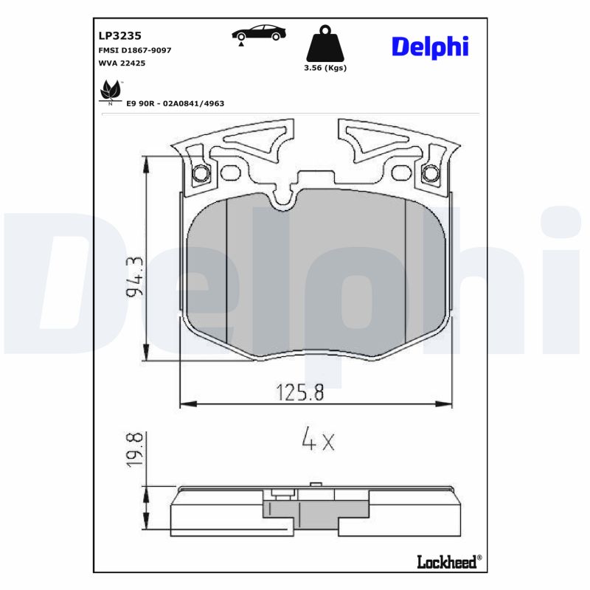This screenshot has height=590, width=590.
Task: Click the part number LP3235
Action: pyautogui.click(x=119, y=35)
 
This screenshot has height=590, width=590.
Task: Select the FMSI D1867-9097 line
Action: pyautogui.click(x=134, y=49)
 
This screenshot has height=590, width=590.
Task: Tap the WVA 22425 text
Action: pyautogui.click(x=121, y=63)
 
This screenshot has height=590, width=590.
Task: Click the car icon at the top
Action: pyautogui.click(x=256, y=33)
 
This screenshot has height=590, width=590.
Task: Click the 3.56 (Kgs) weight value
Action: pyautogui.click(x=325, y=68)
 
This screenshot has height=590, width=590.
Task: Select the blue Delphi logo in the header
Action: pyautogui.click(x=429, y=46)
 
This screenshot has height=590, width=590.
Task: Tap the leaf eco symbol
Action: pyautogui.click(x=111, y=91)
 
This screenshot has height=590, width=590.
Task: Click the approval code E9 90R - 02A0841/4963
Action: pyautogui.click(x=175, y=104)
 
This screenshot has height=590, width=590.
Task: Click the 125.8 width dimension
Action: pyautogui.click(x=300, y=392)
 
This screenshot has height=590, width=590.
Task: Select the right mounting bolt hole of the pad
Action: pyautogui.click(x=430, y=174)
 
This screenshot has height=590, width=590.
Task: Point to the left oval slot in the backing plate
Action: pyautogui.click(x=231, y=173)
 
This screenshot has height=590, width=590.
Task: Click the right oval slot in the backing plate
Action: pyautogui.click(x=400, y=173)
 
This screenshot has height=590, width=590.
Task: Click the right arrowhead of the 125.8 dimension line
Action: pyautogui.click(x=445, y=403)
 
